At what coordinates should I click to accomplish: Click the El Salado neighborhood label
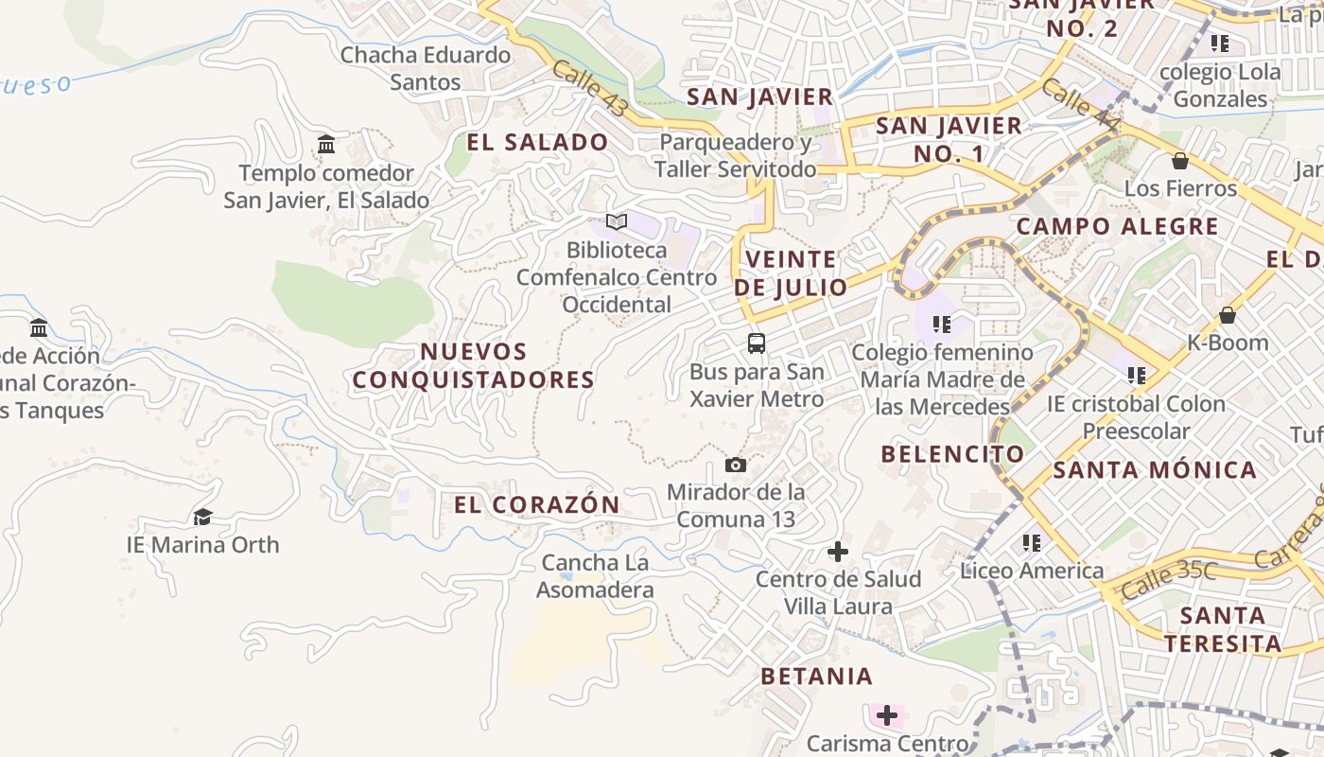click(x=537, y=143)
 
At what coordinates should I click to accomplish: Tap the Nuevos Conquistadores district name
click(x=474, y=365)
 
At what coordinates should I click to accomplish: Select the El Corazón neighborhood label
click(x=536, y=504)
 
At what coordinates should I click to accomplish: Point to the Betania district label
click(x=816, y=677)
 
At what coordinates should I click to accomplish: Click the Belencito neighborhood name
click(x=952, y=454)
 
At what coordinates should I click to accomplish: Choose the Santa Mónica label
click(x=1155, y=470)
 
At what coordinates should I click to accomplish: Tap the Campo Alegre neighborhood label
click(x=1117, y=227)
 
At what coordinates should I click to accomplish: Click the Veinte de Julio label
click(x=791, y=273)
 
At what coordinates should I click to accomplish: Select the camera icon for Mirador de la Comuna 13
click(x=735, y=465)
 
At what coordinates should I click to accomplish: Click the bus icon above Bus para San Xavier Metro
click(x=756, y=343)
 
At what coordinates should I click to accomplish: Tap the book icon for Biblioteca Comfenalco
click(x=617, y=222)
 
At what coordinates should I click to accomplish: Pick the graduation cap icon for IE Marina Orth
click(x=202, y=517)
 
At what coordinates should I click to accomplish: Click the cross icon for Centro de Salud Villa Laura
click(x=838, y=552)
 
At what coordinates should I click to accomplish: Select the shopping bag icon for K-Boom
click(x=1227, y=315)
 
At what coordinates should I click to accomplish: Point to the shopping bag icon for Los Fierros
click(x=1179, y=161)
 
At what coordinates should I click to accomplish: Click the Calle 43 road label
click(x=589, y=89)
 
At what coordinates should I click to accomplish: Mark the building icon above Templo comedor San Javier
click(x=326, y=145)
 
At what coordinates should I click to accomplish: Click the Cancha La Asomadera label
click(x=595, y=576)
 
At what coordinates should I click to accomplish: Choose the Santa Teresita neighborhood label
click(x=1223, y=630)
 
